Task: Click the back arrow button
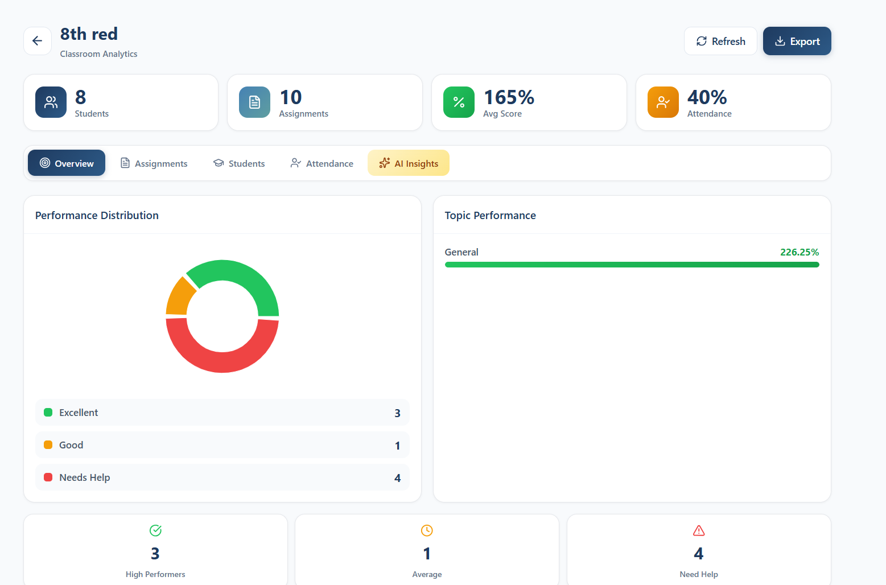(38, 41)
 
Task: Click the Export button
(797, 41)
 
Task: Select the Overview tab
(67, 163)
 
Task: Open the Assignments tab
(154, 163)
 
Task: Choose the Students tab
(239, 163)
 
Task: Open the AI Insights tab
(409, 163)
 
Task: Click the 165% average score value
(509, 97)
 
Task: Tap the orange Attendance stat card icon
(663, 102)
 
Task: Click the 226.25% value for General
(799, 252)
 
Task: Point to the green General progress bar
(632, 265)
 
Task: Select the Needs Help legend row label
(85, 477)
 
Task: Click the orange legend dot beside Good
(48, 445)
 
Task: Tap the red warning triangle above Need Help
(699, 530)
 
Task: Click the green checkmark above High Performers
(155, 530)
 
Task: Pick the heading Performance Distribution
(97, 215)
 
